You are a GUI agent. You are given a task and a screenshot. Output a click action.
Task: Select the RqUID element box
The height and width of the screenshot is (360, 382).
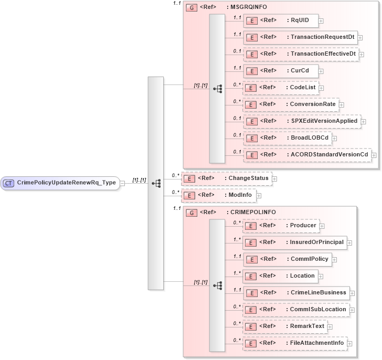[x=280, y=20]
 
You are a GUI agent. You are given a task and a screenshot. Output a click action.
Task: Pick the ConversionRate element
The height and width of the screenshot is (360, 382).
[x=290, y=104]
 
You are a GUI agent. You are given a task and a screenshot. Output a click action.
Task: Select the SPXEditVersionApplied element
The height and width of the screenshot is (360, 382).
[x=302, y=121]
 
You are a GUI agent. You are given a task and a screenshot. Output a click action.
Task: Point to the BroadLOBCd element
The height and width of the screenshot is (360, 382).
[x=287, y=138]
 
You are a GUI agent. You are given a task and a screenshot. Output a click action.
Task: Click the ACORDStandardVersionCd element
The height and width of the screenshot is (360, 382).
[x=306, y=155]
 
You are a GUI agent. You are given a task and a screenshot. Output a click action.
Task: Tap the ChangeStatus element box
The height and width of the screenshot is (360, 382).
[x=226, y=178]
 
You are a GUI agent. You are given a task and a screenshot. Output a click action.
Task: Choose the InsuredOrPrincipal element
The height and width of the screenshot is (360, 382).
[x=295, y=242]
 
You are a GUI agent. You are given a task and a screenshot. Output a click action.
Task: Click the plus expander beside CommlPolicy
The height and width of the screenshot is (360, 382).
[x=334, y=260]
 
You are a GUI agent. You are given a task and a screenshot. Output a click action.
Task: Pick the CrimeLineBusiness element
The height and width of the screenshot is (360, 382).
[x=296, y=293]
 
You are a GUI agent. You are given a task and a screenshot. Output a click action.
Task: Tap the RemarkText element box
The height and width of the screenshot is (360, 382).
[x=285, y=326]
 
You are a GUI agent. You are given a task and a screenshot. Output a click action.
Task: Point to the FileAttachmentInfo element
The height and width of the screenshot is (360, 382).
[x=295, y=343]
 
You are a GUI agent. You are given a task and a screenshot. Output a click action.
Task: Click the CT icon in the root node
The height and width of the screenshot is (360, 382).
[x=9, y=183]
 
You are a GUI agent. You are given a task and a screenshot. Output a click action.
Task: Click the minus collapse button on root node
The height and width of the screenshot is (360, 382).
[x=122, y=183]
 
